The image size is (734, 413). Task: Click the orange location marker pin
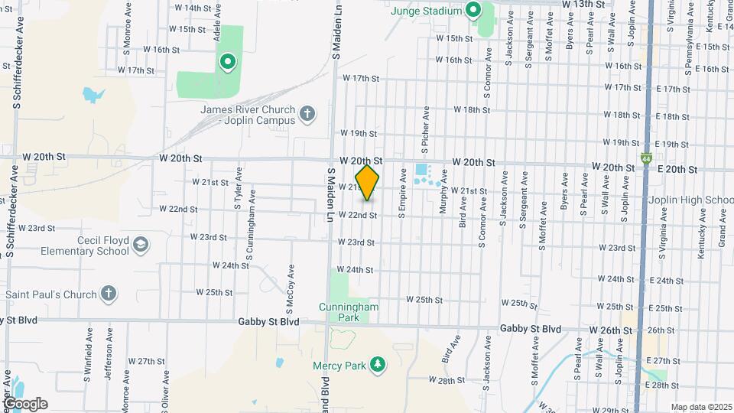coord(368,183)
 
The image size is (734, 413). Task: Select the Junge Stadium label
coord(426,11)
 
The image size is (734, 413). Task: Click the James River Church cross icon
coord(307,115)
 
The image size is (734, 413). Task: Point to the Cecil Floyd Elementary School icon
coord(140,245)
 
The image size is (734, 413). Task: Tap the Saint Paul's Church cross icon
coord(109,294)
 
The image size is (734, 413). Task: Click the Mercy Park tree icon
coord(376,364)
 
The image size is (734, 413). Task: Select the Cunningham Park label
coord(348,312)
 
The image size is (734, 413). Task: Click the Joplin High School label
coord(690,200)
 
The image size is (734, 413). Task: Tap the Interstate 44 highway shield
coord(647,159)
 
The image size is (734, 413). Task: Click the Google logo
coord(24,403)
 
